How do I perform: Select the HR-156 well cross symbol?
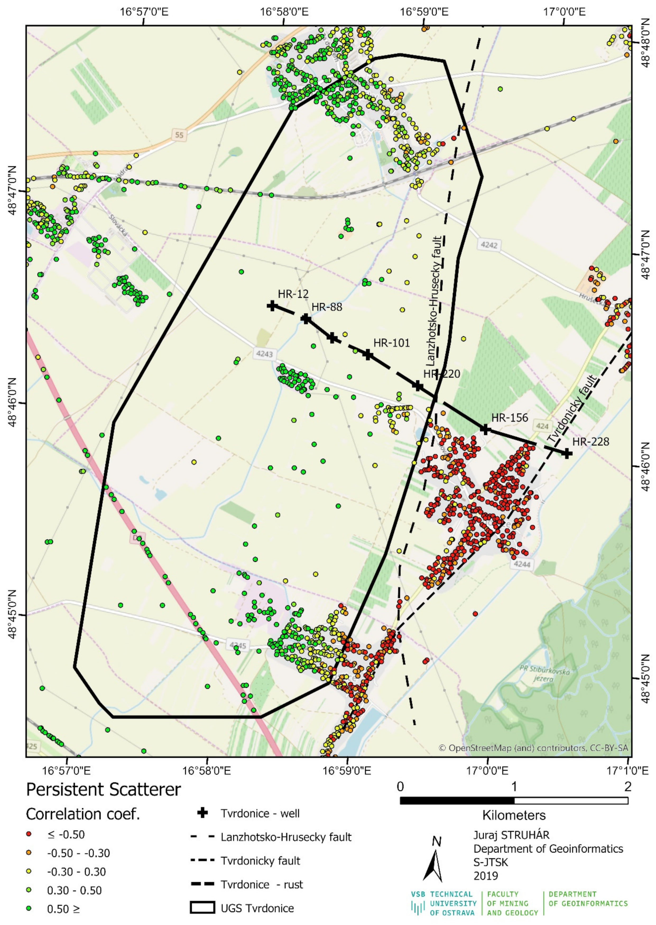pos(485,429)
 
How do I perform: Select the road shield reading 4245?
pos(237,646)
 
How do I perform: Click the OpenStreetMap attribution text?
pos(533,748)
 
